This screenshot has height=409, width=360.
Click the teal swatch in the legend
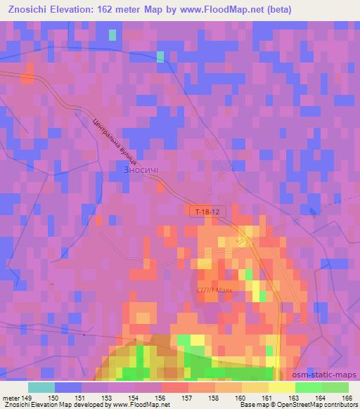click(41, 387)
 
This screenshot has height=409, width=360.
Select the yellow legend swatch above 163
click(282, 387)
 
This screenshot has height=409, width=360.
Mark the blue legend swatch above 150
click(68, 387)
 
